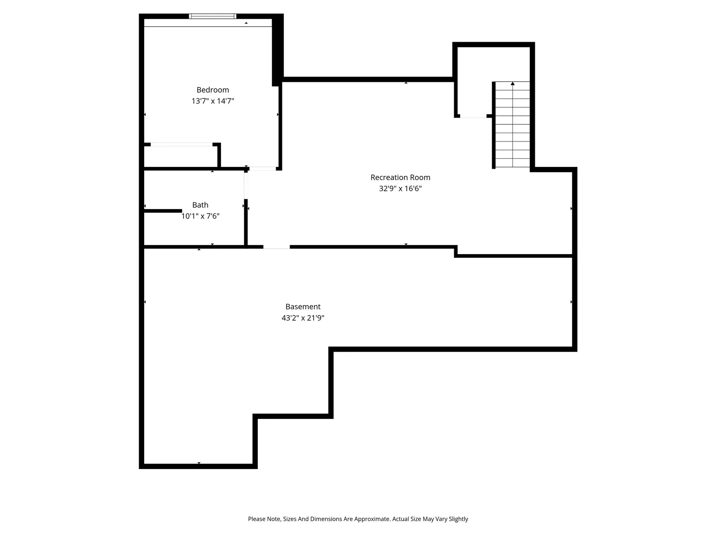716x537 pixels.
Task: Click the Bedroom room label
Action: tap(213, 90)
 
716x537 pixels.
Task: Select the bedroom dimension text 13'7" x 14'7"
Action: tap(213, 101)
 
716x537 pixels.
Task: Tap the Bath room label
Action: tap(200, 205)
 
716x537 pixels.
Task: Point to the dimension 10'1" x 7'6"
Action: tap(200, 216)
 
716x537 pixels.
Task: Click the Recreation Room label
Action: tap(400, 177)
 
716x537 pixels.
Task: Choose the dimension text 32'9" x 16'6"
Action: tap(400, 188)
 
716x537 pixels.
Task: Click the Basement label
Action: tap(303, 307)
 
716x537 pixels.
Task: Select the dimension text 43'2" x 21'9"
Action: tap(303, 318)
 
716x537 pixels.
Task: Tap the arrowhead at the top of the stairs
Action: tap(513, 84)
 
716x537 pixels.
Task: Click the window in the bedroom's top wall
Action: tap(213, 16)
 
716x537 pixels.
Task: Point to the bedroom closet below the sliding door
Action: tap(180, 157)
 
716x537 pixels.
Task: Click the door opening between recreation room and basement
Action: tap(276, 247)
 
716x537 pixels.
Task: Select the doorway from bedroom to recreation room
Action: tap(263, 169)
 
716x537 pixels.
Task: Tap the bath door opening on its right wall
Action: tap(246, 185)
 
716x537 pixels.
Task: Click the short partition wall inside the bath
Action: tap(163, 210)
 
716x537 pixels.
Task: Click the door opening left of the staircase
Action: tap(473, 116)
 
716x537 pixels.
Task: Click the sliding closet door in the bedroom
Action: tap(181, 144)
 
